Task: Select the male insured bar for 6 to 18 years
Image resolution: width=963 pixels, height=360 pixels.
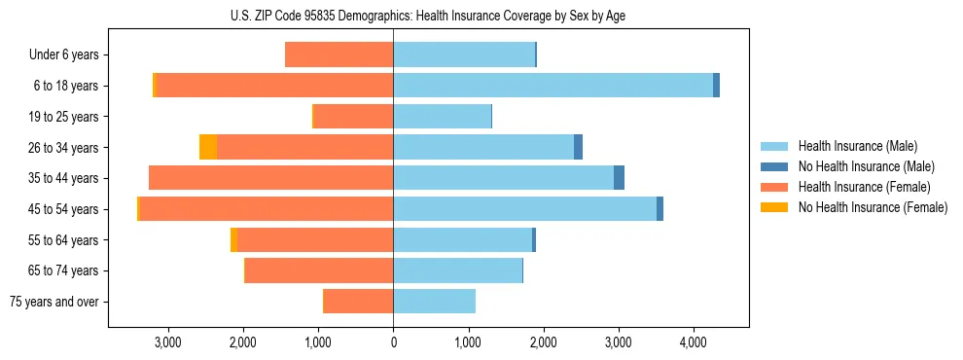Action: (553, 86)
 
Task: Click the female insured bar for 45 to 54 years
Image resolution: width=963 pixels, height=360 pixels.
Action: (266, 209)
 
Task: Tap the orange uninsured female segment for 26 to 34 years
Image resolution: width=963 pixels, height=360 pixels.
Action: (208, 147)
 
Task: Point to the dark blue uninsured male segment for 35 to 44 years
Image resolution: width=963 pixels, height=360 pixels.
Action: (619, 178)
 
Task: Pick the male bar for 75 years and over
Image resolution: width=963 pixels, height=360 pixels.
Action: (434, 302)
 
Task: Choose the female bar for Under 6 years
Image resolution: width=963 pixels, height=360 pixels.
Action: (339, 54)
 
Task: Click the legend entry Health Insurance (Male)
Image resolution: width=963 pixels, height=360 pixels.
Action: (857, 146)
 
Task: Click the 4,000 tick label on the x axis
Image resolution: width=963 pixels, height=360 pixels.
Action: (693, 342)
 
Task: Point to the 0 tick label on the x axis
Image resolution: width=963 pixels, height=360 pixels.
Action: (393, 342)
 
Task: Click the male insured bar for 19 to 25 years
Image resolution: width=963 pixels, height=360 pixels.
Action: (442, 117)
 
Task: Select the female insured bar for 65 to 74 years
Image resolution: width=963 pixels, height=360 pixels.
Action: (319, 270)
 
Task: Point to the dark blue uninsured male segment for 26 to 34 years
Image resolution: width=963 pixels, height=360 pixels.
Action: (578, 147)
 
